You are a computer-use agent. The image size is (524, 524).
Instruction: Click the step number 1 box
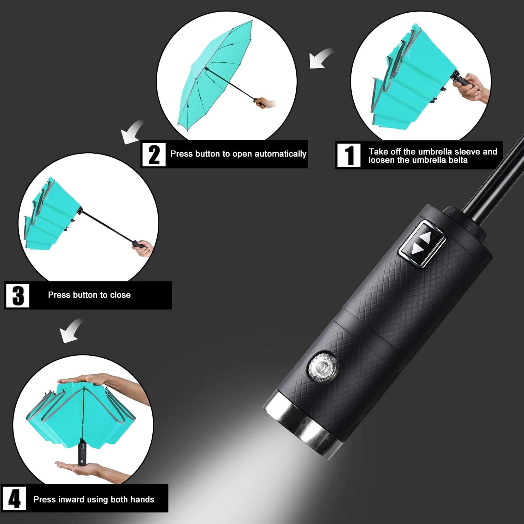[349, 155]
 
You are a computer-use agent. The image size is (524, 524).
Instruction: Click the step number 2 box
[154, 154]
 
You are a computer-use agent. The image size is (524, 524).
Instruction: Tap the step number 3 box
[17, 296]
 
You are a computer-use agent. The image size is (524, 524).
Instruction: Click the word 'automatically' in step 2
[280, 154]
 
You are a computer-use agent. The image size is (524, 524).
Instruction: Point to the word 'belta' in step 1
[458, 160]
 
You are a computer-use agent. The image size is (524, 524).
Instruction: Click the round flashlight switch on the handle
[322, 367]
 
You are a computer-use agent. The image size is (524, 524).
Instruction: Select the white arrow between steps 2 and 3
[132, 132]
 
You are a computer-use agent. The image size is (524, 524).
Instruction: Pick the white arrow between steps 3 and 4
[71, 330]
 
